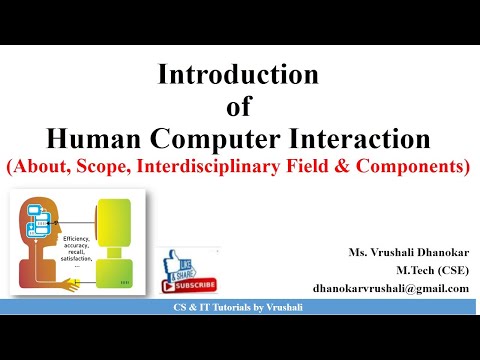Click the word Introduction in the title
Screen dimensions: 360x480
tap(239, 75)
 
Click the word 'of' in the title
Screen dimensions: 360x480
tap(239, 105)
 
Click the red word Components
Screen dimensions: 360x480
tap(410, 166)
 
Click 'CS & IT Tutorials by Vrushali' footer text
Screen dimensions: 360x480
tap(239, 317)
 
